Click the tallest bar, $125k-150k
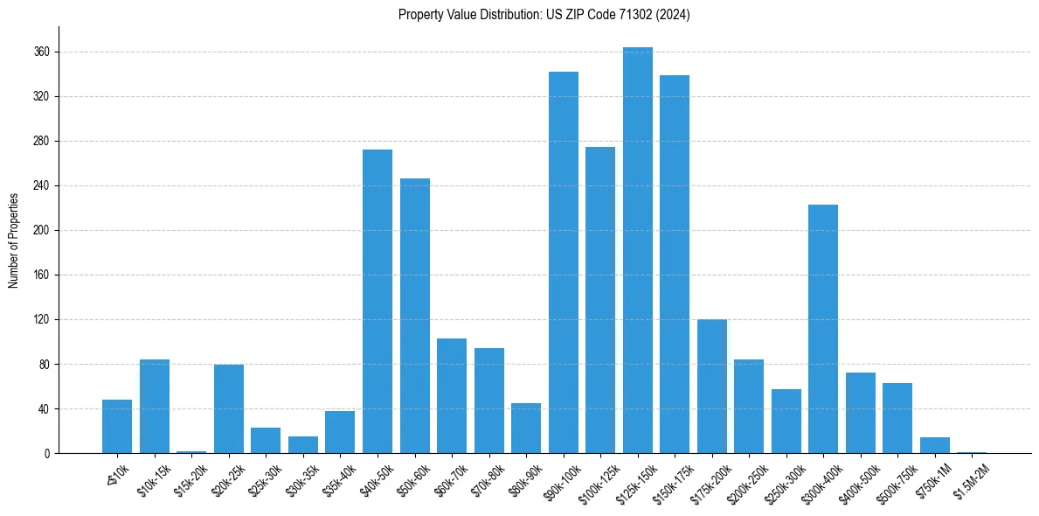pyautogui.click(x=638, y=254)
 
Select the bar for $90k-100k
pyautogui.click(x=564, y=262)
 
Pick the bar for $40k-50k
pyautogui.click(x=378, y=302)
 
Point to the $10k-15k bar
pyautogui.click(x=155, y=407)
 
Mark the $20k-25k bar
pyautogui.click(x=229, y=409)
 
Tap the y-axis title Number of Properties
pyautogui.click(x=13, y=241)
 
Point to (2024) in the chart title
pyautogui.click(x=675, y=15)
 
